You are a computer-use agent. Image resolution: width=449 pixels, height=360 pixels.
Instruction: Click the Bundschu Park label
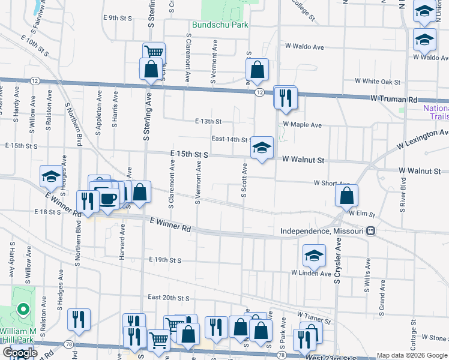point(220,25)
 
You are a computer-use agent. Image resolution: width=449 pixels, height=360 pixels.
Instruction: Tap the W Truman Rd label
point(393,98)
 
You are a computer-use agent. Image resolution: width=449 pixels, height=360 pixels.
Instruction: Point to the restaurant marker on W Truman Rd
point(285,97)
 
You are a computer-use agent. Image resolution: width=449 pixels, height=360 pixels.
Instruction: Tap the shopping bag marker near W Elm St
point(347,196)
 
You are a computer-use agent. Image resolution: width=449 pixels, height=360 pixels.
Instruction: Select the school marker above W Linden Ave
point(313,257)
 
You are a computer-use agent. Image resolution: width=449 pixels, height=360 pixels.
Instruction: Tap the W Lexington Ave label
point(423,140)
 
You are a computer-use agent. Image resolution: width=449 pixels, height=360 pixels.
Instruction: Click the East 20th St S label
point(169,298)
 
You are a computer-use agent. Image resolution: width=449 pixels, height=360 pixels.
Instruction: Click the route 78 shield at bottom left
point(70,344)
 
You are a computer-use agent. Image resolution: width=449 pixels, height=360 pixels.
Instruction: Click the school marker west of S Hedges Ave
point(51,176)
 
